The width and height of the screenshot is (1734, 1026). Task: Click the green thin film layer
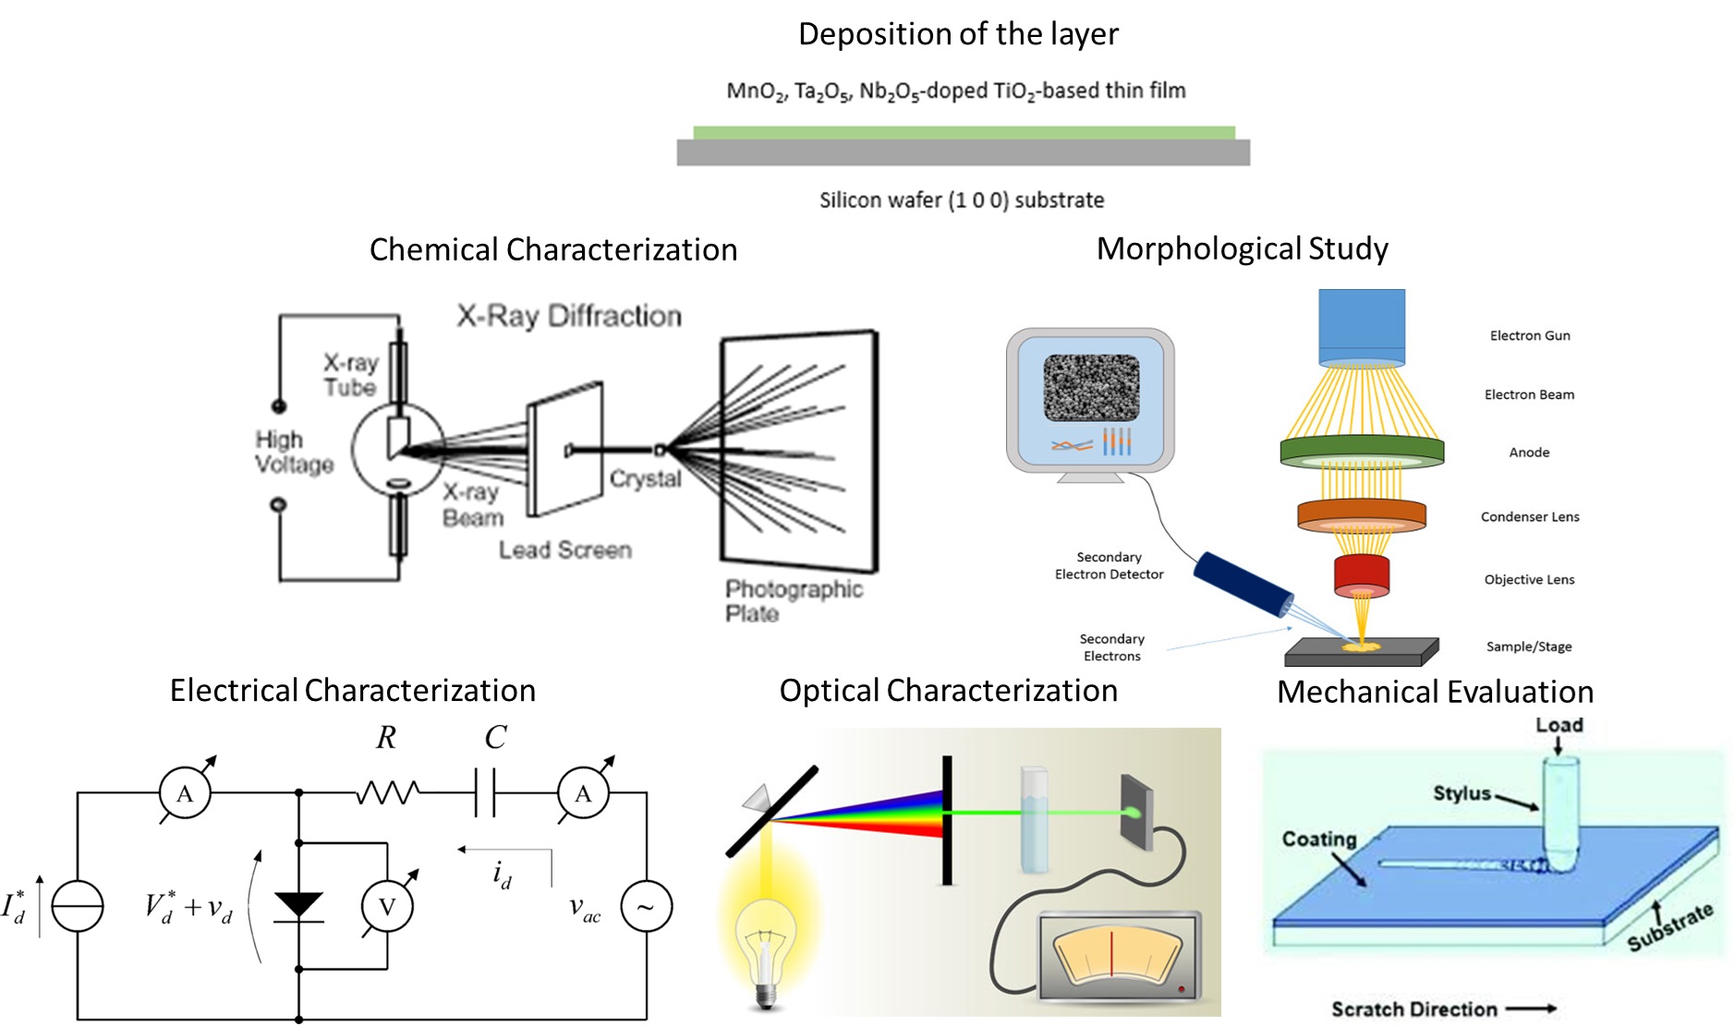(x=964, y=133)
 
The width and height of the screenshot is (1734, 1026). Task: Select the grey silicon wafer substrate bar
(x=964, y=153)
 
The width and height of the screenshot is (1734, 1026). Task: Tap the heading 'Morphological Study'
(x=1242, y=249)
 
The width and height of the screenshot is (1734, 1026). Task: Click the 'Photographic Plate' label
(x=793, y=601)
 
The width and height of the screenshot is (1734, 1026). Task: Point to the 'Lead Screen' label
(x=565, y=550)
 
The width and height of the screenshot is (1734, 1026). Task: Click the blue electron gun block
(x=1362, y=326)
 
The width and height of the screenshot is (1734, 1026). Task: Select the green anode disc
(x=1362, y=452)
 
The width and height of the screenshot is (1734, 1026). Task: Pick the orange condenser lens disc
(x=1362, y=515)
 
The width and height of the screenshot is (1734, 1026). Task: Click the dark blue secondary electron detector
(x=1243, y=584)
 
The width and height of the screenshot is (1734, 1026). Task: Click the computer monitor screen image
(x=1091, y=388)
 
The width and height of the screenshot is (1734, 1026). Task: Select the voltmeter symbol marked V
(x=387, y=907)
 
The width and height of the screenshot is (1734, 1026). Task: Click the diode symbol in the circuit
(x=298, y=905)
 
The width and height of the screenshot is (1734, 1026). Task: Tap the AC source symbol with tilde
(x=646, y=907)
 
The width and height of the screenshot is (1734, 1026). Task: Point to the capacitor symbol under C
(x=485, y=792)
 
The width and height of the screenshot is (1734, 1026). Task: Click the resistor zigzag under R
(x=388, y=792)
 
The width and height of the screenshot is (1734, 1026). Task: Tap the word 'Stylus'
(x=1461, y=793)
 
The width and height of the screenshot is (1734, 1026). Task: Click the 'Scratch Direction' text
(x=1413, y=1009)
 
